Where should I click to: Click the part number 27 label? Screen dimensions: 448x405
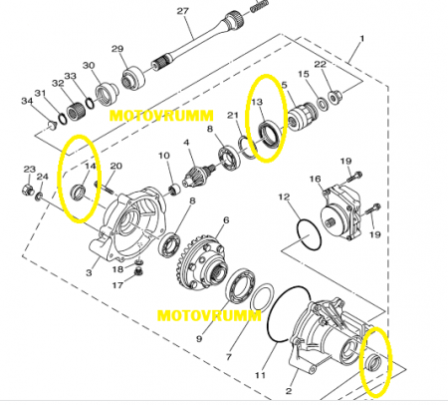click(182, 11)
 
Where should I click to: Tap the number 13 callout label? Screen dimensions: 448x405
click(257, 102)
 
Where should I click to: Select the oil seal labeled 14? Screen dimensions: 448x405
click(80, 192)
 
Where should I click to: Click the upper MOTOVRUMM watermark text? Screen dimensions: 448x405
click(161, 116)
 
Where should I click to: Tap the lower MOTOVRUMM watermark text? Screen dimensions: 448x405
click(209, 315)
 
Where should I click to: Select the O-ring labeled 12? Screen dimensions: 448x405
click(310, 234)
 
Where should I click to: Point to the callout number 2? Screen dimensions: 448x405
click(289, 391)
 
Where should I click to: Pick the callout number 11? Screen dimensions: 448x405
click(261, 375)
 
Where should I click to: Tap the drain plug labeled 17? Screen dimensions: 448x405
click(137, 273)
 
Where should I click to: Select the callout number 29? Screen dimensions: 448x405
click(117, 49)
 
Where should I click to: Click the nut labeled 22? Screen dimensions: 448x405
click(334, 97)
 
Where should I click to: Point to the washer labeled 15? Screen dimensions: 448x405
click(322, 104)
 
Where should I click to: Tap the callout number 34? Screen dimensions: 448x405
click(27, 100)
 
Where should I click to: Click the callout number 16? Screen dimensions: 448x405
click(316, 180)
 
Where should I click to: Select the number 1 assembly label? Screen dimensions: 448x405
click(362, 39)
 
